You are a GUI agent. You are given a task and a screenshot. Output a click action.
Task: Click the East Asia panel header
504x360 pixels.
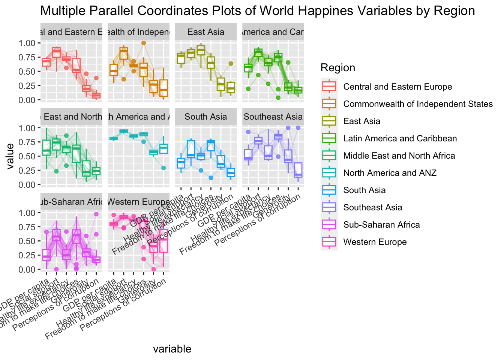(x=206, y=32)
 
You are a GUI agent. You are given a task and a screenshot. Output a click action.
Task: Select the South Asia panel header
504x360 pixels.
(x=206, y=117)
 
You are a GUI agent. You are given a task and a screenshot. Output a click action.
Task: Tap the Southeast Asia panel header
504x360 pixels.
(x=273, y=117)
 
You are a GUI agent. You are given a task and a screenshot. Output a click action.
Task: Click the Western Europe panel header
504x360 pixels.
(x=138, y=202)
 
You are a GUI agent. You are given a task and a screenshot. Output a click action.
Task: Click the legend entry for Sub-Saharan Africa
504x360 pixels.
(x=381, y=225)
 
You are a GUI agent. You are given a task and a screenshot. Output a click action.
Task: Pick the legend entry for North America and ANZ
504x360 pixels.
(x=390, y=173)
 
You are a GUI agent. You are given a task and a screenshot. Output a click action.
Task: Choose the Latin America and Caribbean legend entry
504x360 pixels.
(x=400, y=138)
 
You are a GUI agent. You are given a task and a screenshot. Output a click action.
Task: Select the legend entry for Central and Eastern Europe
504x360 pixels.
(x=397, y=87)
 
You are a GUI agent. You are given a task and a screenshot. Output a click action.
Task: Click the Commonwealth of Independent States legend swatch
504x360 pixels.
(x=329, y=104)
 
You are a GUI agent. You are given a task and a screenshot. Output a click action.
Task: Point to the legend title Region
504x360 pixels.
(x=337, y=67)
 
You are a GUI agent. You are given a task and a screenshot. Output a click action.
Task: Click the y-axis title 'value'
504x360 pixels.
(x=10, y=156)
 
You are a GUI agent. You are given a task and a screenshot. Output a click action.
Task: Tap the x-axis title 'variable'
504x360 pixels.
(x=172, y=349)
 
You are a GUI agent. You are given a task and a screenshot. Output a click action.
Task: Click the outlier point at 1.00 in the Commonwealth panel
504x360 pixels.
(x=144, y=43)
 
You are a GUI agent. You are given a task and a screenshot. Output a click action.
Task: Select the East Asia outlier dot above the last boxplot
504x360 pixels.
(x=231, y=63)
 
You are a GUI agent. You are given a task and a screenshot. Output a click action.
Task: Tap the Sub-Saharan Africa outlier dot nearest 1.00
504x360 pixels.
(x=96, y=214)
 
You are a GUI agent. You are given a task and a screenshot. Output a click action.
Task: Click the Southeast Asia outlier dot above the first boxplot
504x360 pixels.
(x=248, y=132)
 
